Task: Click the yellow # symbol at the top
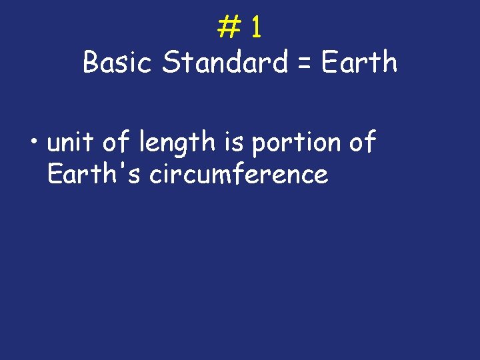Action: coord(229,27)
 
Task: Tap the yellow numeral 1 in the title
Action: coord(257,27)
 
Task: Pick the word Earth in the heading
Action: coord(359,63)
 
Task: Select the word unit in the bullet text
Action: coord(70,142)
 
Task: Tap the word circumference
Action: coord(239,174)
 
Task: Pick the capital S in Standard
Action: coord(171,63)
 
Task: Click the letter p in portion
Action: coord(259,145)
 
